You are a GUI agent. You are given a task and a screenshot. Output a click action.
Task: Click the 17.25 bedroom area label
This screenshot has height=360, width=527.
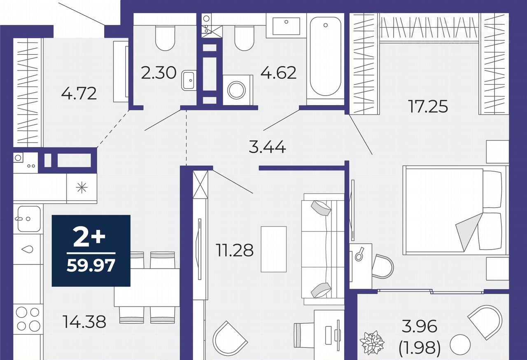(429, 106)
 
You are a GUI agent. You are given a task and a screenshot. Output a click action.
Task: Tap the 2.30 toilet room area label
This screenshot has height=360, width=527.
(159, 73)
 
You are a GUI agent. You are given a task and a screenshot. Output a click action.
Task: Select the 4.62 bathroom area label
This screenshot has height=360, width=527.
(278, 73)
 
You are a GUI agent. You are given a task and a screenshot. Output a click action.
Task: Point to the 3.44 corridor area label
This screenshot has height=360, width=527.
(267, 147)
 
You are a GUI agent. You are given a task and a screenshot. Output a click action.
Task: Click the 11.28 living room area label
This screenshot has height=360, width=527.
(235, 250)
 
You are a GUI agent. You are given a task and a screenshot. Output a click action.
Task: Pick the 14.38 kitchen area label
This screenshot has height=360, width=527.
(84, 322)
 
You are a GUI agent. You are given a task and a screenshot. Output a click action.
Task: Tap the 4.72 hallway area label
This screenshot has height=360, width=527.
(79, 94)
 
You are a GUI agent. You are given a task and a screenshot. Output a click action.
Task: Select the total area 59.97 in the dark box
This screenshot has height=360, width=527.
(91, 265)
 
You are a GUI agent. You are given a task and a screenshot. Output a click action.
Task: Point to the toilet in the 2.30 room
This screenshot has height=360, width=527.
(166, 38)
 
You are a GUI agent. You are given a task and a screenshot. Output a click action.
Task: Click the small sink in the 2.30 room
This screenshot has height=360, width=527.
(188, 80)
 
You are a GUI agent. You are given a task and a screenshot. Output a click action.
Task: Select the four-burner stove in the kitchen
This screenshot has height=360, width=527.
(28, 319)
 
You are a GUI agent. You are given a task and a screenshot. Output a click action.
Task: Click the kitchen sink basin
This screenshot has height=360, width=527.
(29, 219)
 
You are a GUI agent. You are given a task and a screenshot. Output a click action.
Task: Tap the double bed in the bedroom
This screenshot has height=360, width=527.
(455, 210)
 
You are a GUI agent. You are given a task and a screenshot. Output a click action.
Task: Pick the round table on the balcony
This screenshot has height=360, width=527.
(460, 345)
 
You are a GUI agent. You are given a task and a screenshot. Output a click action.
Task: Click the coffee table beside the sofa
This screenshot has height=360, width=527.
(274, 249)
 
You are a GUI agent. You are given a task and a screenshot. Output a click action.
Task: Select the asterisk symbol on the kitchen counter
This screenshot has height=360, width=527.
(82, 188)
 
